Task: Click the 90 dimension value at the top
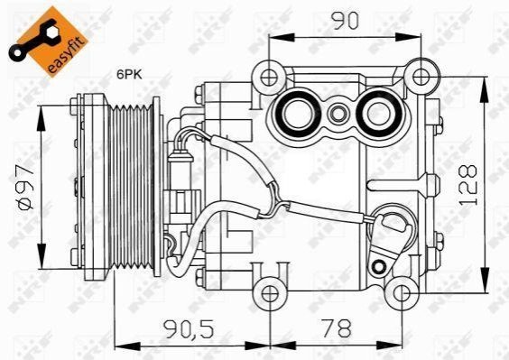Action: click(x=346, y=20)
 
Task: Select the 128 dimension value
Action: click(x=468, y=185)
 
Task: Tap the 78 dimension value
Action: click(x=336, y=328)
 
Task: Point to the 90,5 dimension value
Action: click(x=189, y=329)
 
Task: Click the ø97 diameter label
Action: click(x=25, y=187)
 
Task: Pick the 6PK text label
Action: click(x=130, y=75)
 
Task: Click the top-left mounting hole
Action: click(x=269, y=78)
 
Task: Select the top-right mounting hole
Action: click(x=421, y=78)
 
